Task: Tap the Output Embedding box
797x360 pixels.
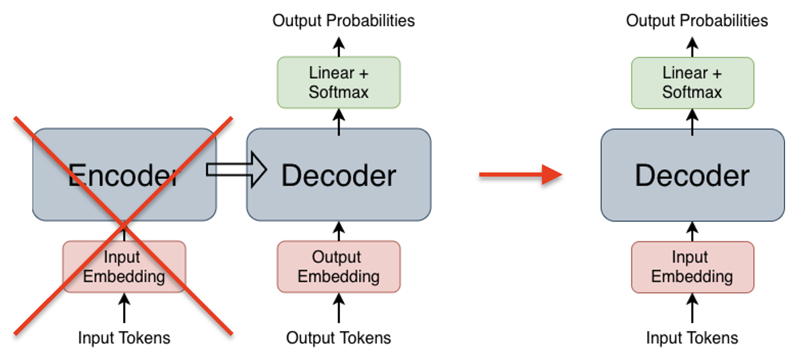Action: coord(339,266)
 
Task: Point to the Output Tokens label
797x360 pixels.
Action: coord(339,338)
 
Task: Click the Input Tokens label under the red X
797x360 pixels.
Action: coord(124,338)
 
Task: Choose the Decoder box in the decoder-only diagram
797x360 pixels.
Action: coord(692,175)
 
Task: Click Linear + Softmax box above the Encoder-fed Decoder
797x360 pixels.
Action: coord(339,82)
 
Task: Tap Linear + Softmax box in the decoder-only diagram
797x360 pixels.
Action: coord(692,82)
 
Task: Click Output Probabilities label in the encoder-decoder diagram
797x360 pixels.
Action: coord(344,21)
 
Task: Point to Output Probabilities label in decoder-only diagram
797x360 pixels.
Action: coord(697,21)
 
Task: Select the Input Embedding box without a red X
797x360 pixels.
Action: coord(692,266)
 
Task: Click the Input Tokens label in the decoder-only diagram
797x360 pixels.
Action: coord(692,338)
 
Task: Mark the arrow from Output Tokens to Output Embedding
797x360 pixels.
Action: coord(339,308)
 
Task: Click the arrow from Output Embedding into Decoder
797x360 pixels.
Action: coord(339,231)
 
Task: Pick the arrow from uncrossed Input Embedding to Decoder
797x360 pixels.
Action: coord(692,231)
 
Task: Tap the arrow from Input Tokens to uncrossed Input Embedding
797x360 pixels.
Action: coord(692,308)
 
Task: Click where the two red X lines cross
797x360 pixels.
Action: coord(123,225)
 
